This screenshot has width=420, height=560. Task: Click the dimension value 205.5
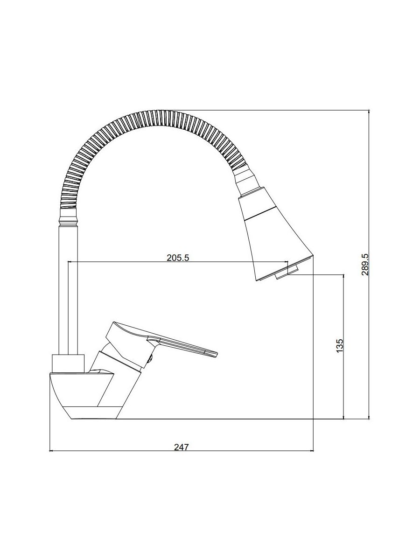click(x=178, y=258)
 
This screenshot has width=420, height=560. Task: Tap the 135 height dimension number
click(x=340, y=346)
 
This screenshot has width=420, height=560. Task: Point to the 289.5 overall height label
click(x=365, y=265)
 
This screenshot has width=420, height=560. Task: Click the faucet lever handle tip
click(x=216, y=355)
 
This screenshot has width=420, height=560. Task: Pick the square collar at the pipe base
click(x=68, y=363)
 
